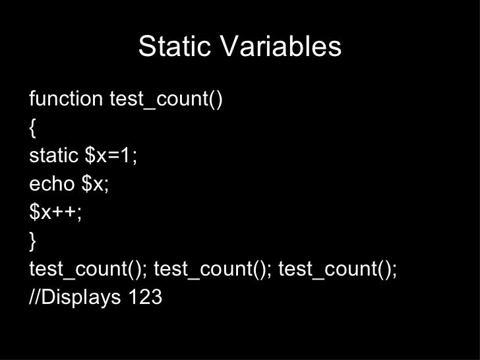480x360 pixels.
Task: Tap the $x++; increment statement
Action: pyautogui.click(x=55, y=213)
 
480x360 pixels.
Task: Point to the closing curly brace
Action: pyautogui.click(x=33, y=242)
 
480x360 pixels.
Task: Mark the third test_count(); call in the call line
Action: pyautogui.click(x=338, y=270)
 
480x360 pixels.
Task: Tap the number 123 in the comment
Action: pyautogui.click(x=145, y=298)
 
